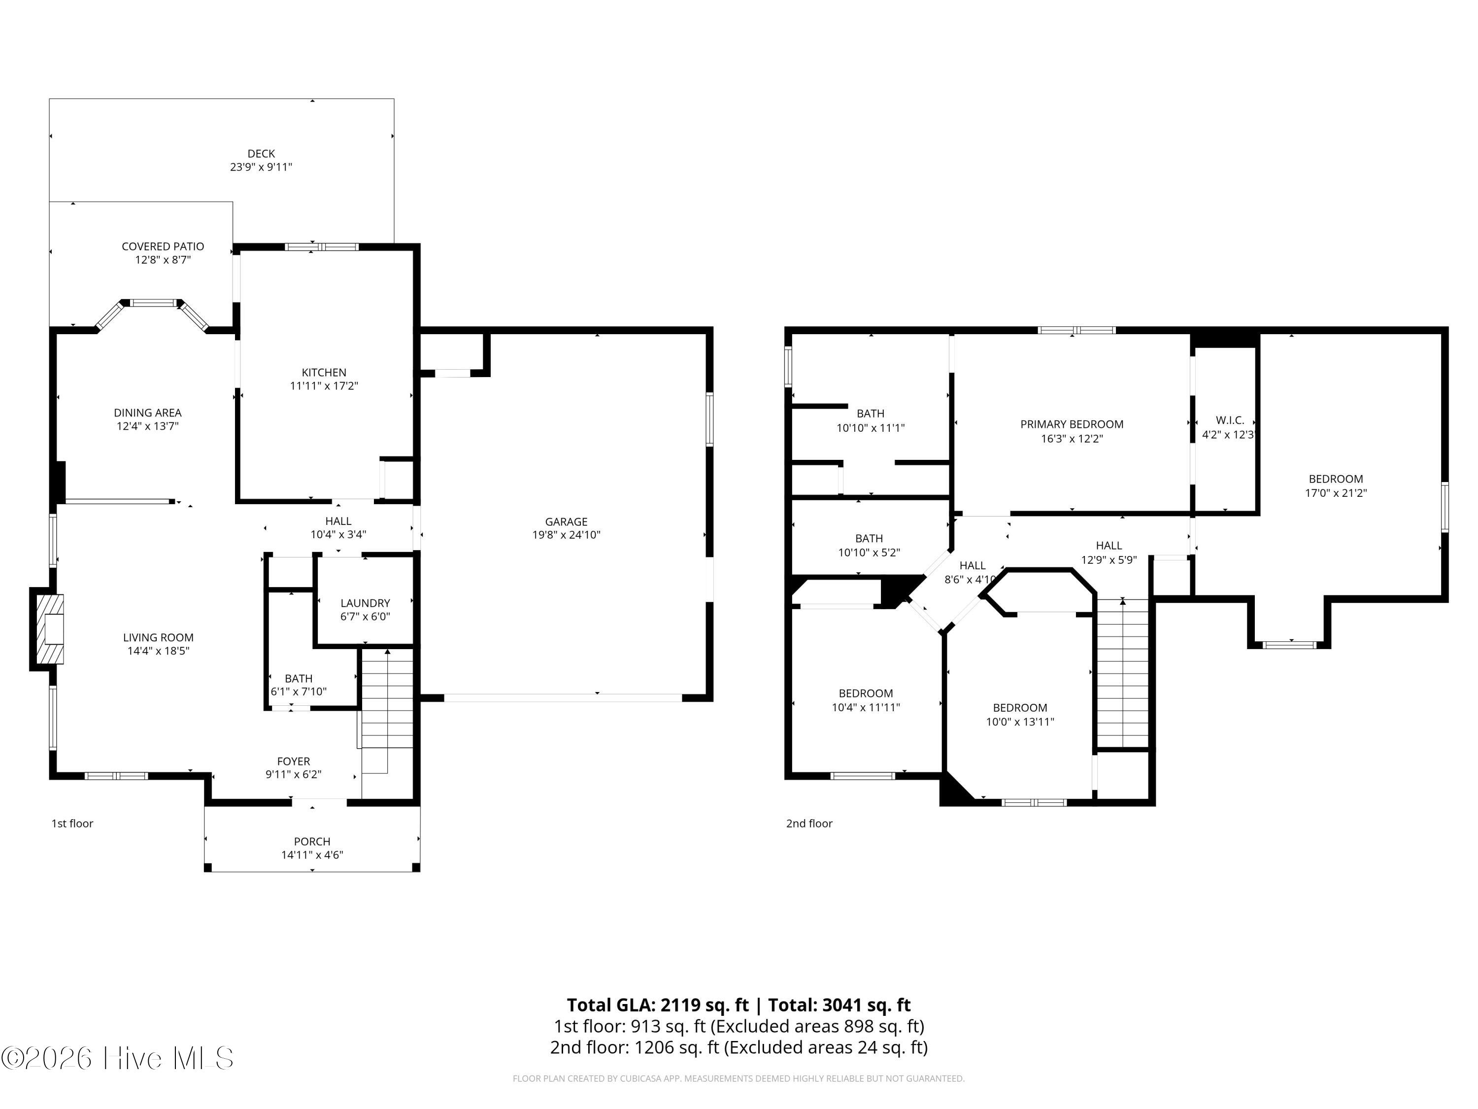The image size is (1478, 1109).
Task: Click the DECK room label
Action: [261, 154]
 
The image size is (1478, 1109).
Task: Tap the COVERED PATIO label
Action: [163, 246]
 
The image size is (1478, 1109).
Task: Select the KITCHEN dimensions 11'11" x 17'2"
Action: [324, 386]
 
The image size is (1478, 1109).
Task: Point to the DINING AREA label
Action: [148, 413]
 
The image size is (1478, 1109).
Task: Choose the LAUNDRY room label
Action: [365, 603]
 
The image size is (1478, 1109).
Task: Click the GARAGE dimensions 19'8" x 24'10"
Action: [567, 535]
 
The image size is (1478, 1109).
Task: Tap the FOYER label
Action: [294, 762]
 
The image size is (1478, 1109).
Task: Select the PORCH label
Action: [312, 842]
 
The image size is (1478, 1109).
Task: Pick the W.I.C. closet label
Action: [1230, 420]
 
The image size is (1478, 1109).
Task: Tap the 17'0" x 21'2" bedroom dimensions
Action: [1336, 493]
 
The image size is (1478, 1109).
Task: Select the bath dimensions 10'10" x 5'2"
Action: [869, 553]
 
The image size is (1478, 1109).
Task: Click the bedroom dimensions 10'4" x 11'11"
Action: [866, 707]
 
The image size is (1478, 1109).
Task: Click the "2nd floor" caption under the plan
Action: [809, 824]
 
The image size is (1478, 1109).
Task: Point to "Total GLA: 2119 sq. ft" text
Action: [658, 1005]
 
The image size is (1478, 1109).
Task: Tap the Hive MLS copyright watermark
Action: [118, 1058]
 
